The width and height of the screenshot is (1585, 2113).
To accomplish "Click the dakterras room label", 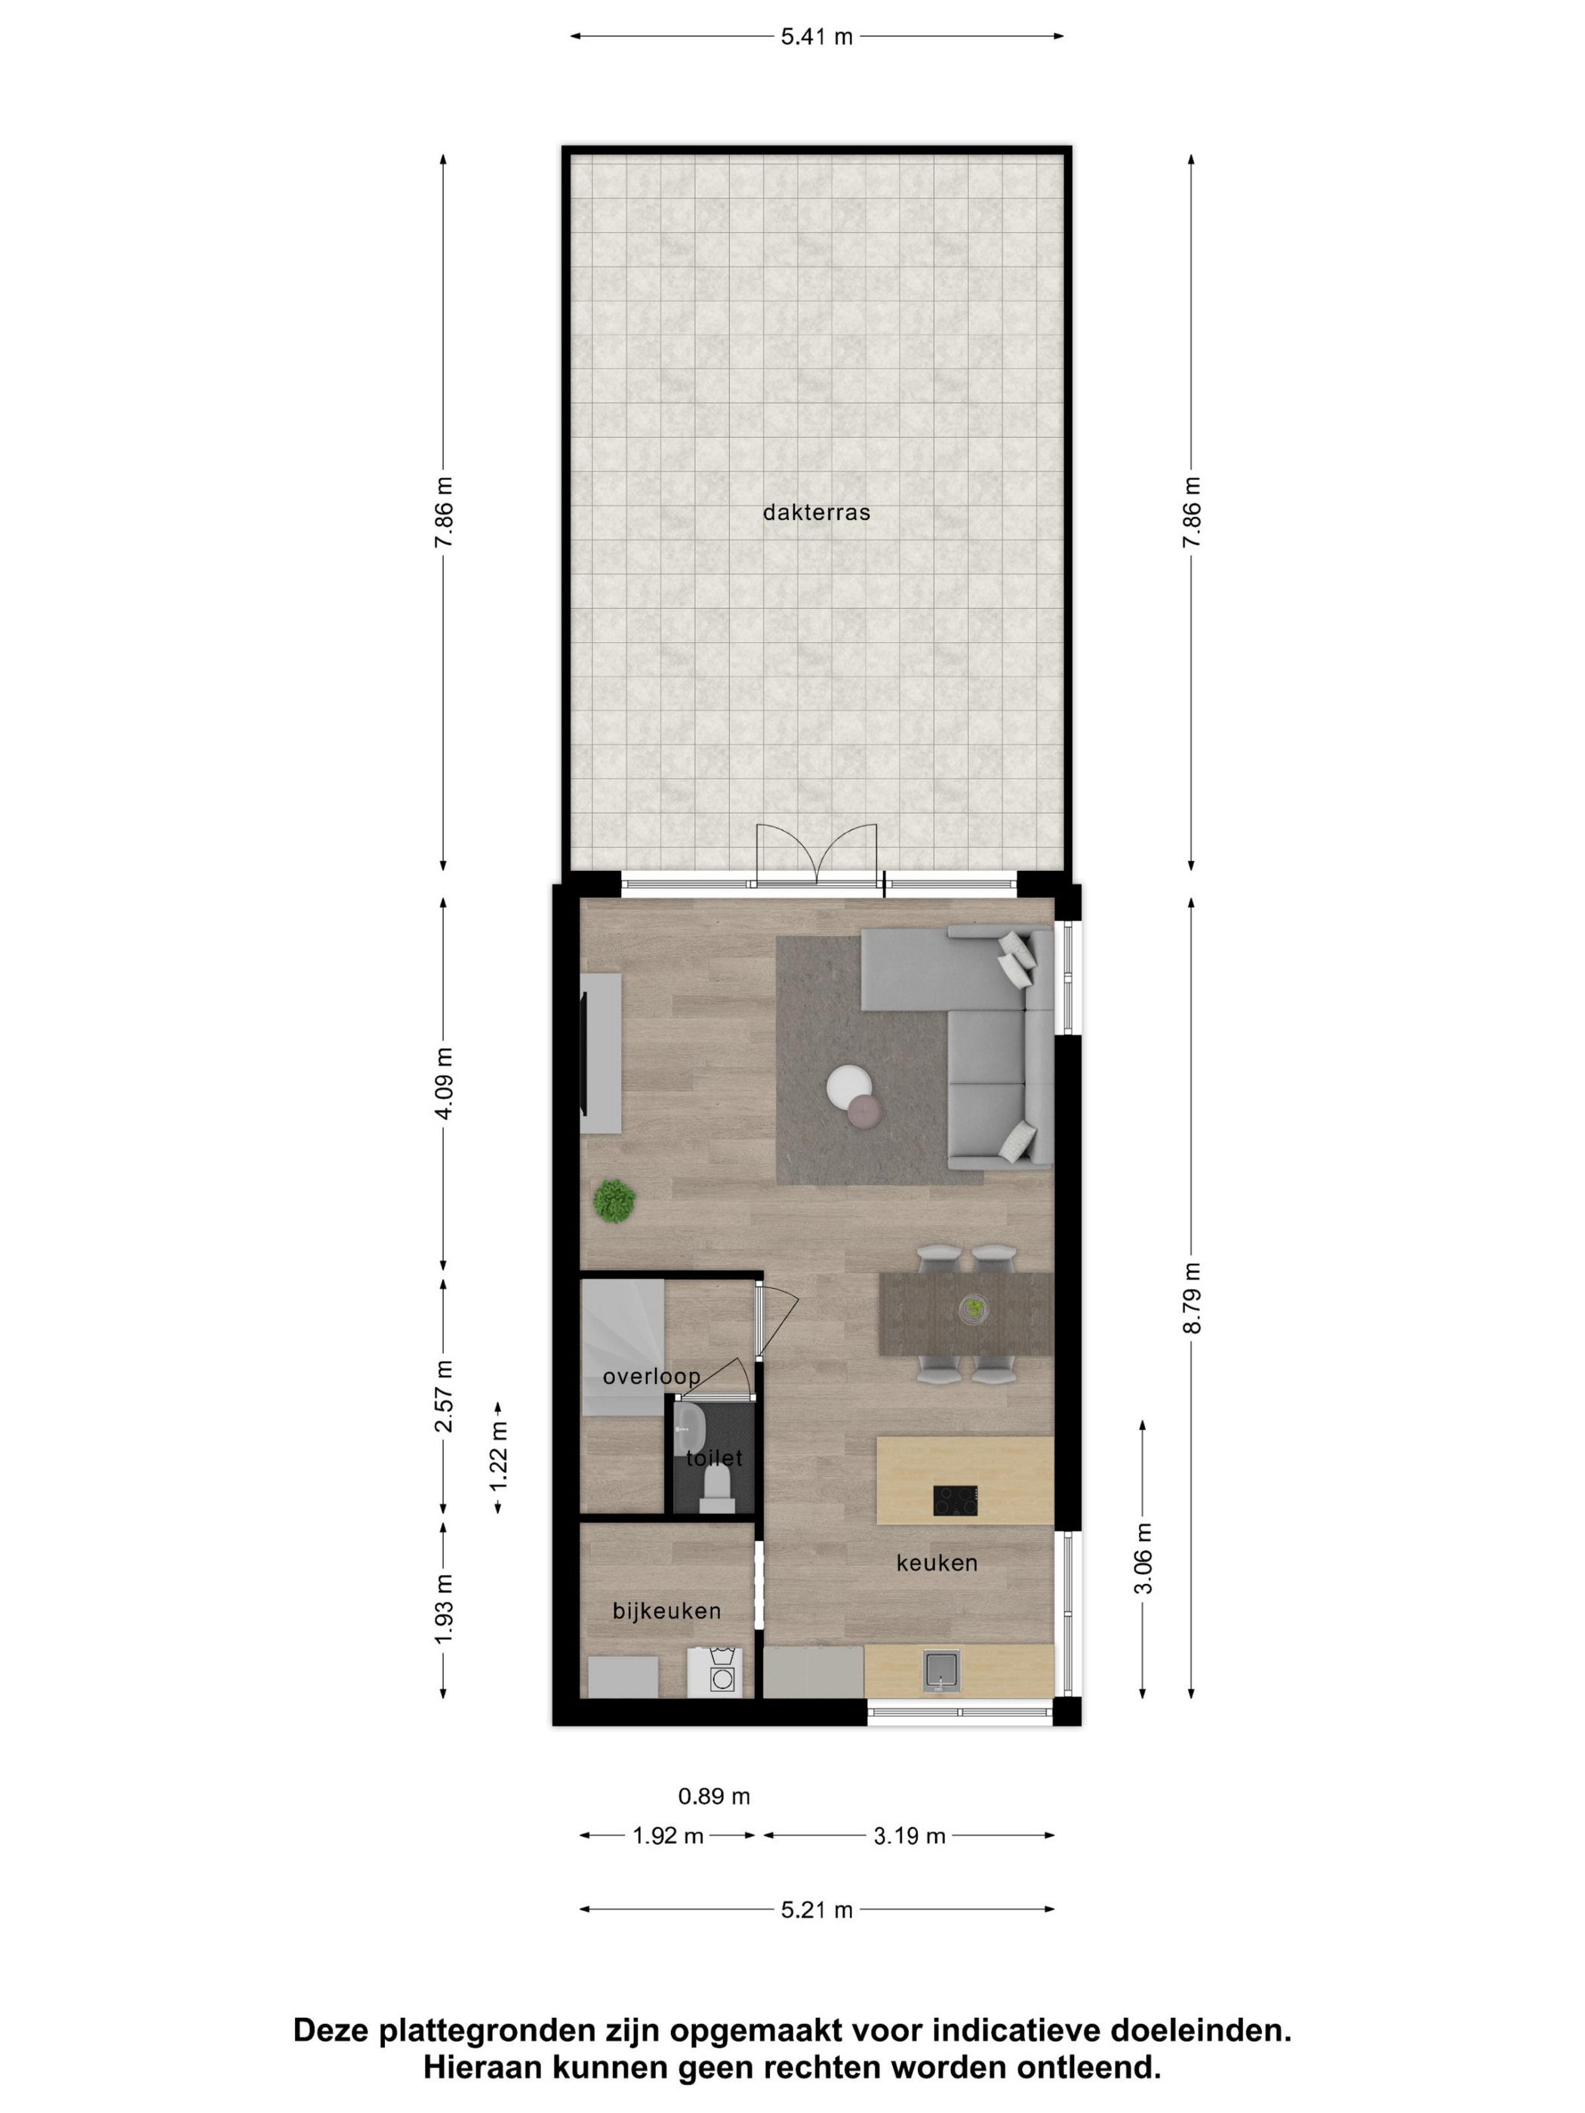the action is [x=816, y=513].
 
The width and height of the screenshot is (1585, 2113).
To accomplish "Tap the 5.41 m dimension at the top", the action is [x=817, y=37].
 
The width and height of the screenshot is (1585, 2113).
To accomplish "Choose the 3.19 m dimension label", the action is [x=909, y=1836].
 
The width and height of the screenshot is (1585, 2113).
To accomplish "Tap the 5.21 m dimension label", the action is [x=817, y=1911].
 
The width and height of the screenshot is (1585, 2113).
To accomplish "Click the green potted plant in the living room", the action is [x=614, y=1201].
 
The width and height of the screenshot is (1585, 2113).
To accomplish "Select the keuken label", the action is [x=937, y=1563].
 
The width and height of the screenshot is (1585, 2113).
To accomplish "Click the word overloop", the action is [x=651, y=1376].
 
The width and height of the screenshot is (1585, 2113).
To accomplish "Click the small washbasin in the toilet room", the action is [x=688, y=1428].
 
